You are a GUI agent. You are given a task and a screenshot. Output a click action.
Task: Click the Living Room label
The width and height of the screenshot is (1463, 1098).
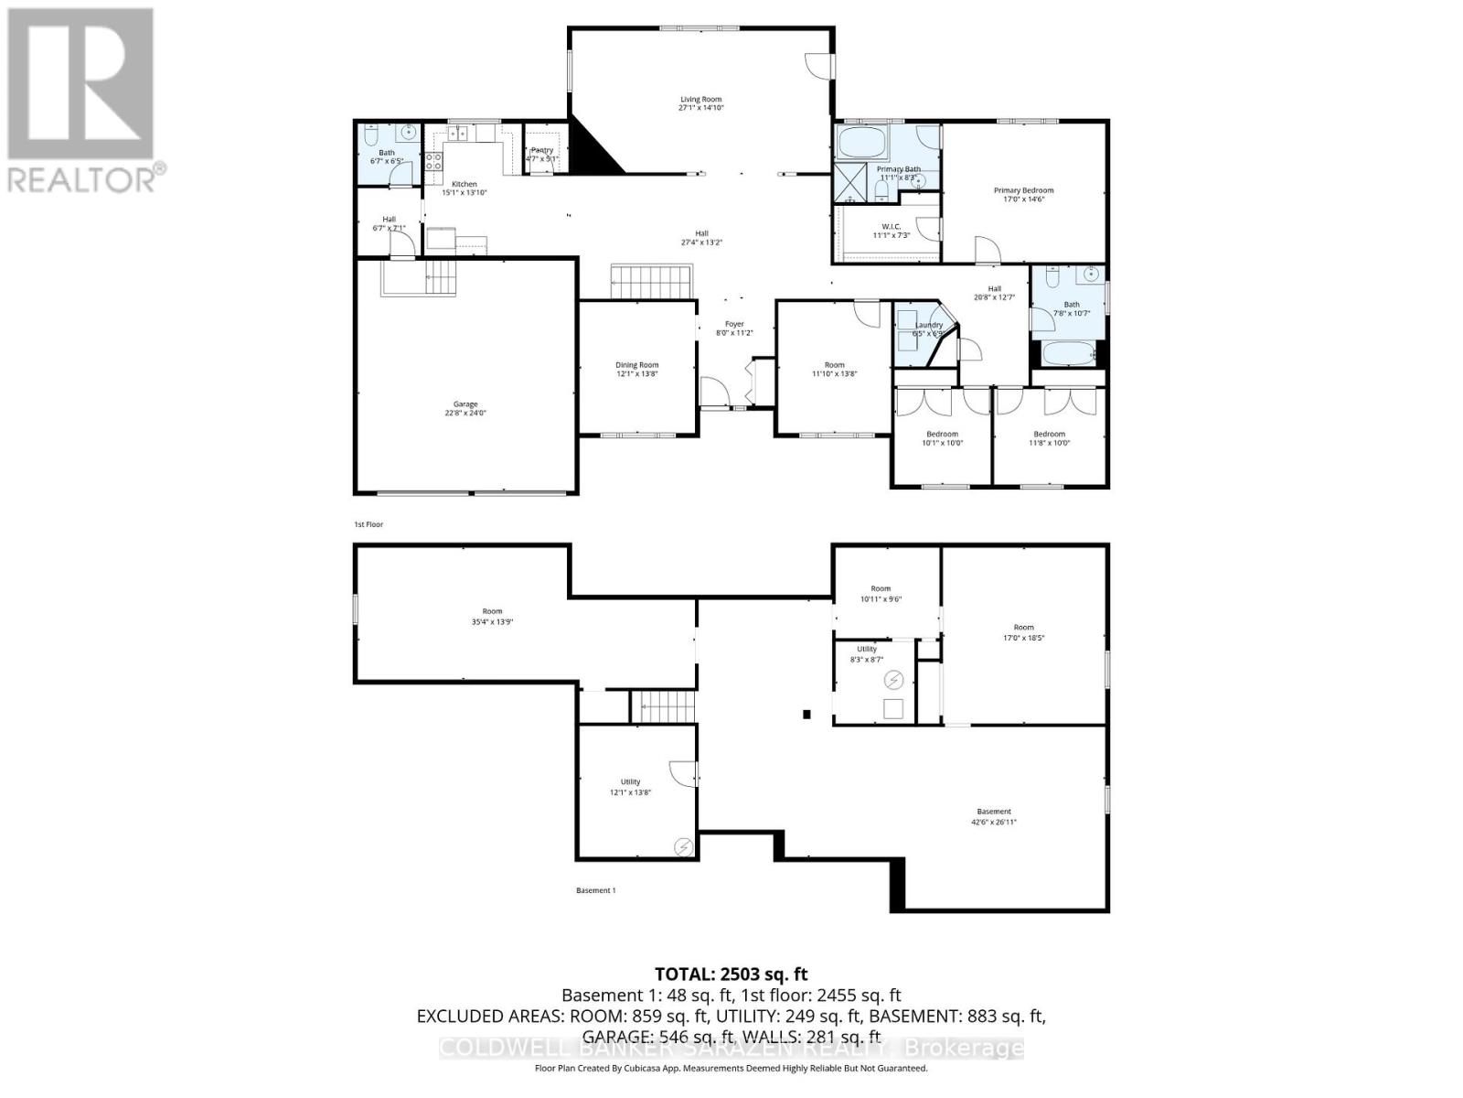(700, 99)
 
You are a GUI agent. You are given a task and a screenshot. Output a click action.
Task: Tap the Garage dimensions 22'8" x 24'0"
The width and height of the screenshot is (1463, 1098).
(465, 413)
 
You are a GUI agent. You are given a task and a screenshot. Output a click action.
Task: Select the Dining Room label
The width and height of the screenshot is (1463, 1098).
(636, 365)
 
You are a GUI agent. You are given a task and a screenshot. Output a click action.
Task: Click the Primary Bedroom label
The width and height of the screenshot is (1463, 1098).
(1023, 190)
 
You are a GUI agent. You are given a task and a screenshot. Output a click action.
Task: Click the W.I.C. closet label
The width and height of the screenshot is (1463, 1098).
(892, 225)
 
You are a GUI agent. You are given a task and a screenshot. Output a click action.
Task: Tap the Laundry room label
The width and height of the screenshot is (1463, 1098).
(928, 325)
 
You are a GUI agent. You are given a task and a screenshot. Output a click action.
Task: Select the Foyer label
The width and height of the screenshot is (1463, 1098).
(734, 324)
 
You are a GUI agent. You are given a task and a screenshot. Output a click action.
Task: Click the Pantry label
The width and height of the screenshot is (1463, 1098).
(541, 150)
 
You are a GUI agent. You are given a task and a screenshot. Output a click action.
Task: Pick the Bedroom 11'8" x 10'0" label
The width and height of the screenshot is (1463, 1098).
(1049, 434)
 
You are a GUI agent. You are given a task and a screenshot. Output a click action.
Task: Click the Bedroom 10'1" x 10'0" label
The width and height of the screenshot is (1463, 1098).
(942, 434)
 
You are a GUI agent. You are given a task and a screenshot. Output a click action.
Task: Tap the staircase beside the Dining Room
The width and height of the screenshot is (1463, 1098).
(652, 281)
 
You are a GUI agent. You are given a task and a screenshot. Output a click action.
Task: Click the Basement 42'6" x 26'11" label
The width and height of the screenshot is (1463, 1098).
(994, 812)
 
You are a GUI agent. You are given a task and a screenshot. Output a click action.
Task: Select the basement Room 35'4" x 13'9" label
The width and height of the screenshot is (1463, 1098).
(492, 611)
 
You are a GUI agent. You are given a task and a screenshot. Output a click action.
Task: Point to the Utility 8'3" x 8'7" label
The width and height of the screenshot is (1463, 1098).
(867, 649)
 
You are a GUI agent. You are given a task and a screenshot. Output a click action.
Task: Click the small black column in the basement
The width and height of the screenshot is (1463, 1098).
(806, 715)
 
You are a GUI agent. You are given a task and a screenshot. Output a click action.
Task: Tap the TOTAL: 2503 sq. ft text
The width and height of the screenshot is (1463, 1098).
(731, 974)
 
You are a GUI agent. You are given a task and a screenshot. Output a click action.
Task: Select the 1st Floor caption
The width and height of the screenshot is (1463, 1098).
(368, 524)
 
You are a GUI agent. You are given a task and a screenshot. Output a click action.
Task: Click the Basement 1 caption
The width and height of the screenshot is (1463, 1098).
(595, 890)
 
